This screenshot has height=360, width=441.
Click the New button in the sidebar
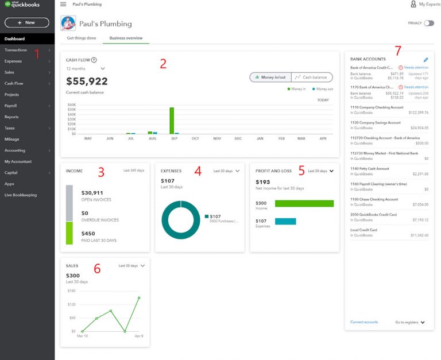point(26,22)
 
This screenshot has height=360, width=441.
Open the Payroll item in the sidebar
point(11,106)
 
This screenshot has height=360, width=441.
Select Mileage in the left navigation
point(12,139)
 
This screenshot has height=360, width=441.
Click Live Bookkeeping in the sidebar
point(21,195)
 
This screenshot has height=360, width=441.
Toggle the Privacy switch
point(429,23)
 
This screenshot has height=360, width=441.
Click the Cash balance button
point(312,77)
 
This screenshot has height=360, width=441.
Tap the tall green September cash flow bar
point(172,120)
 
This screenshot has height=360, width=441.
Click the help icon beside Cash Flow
point(94,60)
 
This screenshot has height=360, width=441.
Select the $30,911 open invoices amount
point(92,193)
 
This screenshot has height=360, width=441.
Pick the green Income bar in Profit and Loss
point(304,203)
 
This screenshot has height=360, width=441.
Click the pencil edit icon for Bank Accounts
point(425,59)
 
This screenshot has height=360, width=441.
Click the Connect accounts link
point(364,322)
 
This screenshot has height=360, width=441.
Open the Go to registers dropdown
point(411,322)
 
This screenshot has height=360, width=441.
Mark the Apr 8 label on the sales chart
point(138,336)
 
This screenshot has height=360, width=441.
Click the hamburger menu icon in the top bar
point(63,4)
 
